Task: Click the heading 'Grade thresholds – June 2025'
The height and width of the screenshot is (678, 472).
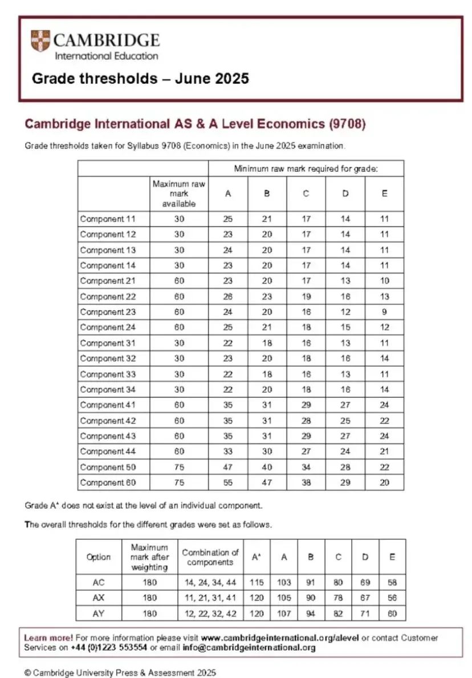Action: pyautogui.click(x=140, y=78)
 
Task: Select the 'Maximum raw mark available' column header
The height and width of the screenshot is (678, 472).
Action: pyautogui.click(x=178, y=194)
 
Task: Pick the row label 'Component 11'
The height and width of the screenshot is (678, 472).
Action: pyautogui.click(x=106, y=219)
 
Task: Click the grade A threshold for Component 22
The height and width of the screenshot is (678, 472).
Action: pyautogui.click(x=228, y=297)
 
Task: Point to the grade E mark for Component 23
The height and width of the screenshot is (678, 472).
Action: pyautogui.click(x=384, y=312)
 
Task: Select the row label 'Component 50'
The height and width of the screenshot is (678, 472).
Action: pyautogui.click(x=106, y=467)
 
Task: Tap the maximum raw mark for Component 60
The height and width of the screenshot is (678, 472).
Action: pyautogui.click(x=178, y=482)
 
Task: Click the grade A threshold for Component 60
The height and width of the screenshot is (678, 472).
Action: pyautogui.click(x=228, y=482)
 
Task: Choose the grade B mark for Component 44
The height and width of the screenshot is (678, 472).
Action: pyautogui.click(x=267, y=451)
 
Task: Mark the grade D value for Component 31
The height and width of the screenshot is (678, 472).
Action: pyautogui.click(x=345, y=343)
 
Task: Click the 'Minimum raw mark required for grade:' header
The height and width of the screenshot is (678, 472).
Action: pyautogui.click(x=306, y=169)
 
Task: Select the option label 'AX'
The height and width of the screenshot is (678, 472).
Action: pyautogui.click(x=98, y=598)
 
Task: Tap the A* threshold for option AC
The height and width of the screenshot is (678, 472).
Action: pyautogui.click(x=257, y=583)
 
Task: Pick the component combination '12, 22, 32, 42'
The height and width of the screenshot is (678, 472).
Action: pyautogui.click(x=210, y=613)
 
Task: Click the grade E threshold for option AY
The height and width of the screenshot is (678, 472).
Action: pyautogui.click(x=392, y=613)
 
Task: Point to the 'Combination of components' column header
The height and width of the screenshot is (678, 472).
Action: pyautogui.click(x=210, y=557)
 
